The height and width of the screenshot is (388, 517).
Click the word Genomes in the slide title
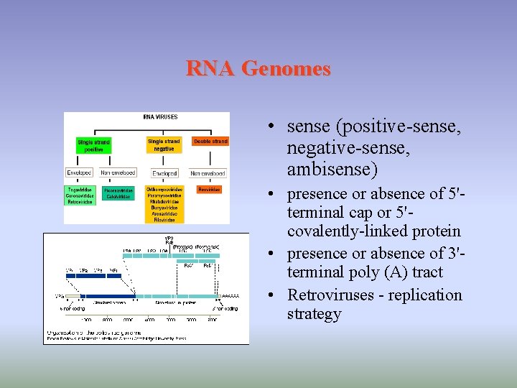coord(286,69)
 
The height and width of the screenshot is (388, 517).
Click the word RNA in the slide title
coord(211,69)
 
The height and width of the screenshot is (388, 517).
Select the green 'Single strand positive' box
coord(93,146)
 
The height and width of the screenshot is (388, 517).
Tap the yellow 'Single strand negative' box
coord(164,144)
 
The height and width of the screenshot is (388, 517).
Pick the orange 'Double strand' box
coord(210,142)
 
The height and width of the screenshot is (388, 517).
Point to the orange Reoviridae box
coord(209,190)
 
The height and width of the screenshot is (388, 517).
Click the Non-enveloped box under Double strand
coord(208,173)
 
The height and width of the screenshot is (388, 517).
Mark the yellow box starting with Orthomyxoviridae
coord(164,205)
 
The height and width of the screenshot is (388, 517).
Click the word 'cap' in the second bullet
coord(361,213)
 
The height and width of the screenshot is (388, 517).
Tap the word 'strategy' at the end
coord(314,314)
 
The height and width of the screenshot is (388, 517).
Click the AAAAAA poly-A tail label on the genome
coord(230,296)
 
